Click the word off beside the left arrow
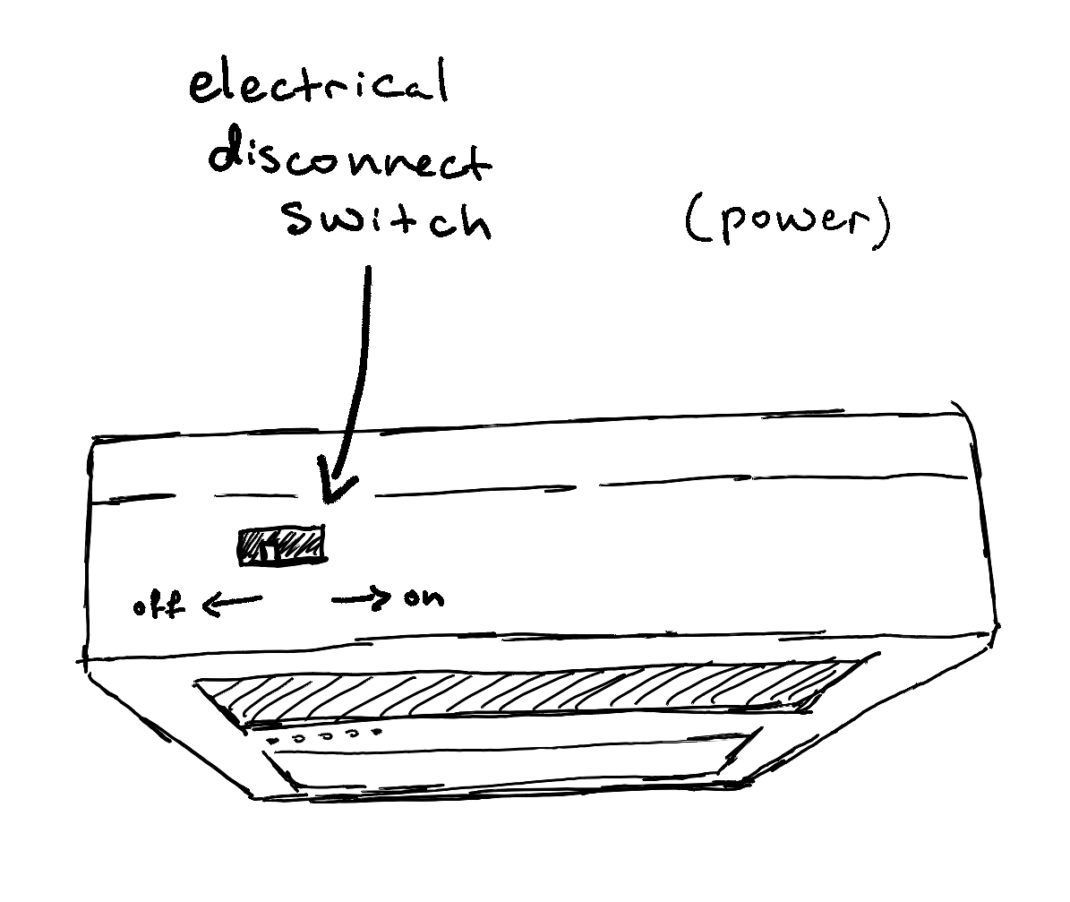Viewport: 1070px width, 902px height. tap(158, 605)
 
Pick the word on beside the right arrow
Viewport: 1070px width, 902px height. tap(424, 598)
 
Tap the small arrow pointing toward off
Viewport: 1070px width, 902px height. tap(231, 603)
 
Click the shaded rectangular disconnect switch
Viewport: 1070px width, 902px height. tap(282, 545)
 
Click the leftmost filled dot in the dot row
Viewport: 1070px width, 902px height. tap(274, 741)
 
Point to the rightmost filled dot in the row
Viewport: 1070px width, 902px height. tap(376, 733)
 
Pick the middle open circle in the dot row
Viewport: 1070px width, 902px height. tap(326, 736)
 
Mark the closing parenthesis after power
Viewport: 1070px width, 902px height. tap(883, 226)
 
